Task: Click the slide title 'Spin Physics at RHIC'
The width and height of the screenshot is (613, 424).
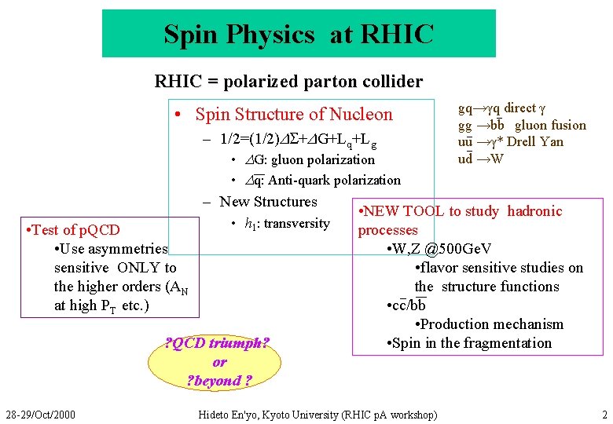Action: tap(299, 34)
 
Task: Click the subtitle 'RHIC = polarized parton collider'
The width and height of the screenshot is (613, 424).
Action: tap(288, 81)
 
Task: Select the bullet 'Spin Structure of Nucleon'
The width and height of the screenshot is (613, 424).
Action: tap(293, 115)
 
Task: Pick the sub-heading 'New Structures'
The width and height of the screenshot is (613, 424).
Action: tap(268, 202)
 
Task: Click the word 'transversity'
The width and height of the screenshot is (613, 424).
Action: tap(296, 224)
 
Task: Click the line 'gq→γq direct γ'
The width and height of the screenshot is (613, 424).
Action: tap(501, 108)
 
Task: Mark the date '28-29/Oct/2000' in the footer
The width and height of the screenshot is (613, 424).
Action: tap(40, 414)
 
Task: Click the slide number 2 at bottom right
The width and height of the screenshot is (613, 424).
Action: tap(604, 414)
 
